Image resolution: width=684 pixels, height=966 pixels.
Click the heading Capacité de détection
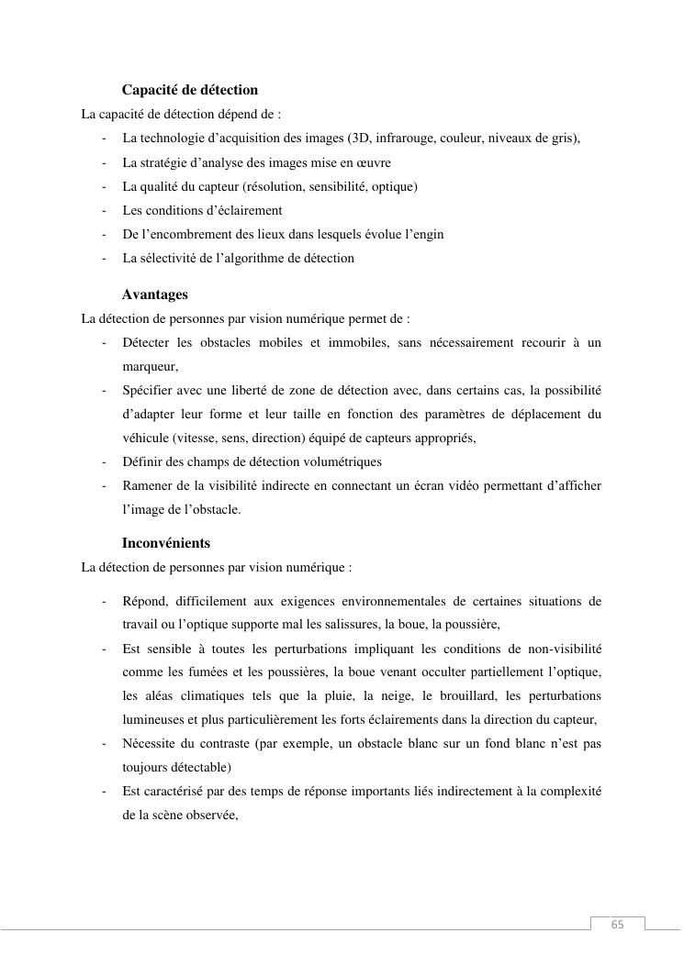click(190, 90)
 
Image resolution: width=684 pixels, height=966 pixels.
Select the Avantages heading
click(154, 294)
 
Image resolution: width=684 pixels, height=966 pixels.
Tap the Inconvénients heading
click(166, 543)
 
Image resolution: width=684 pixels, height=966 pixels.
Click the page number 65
click(617, 925)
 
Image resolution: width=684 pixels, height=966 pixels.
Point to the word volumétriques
click(336, 461)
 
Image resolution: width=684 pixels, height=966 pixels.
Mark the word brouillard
click(470, 696)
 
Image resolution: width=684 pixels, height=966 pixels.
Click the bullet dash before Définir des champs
click(105, 461)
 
